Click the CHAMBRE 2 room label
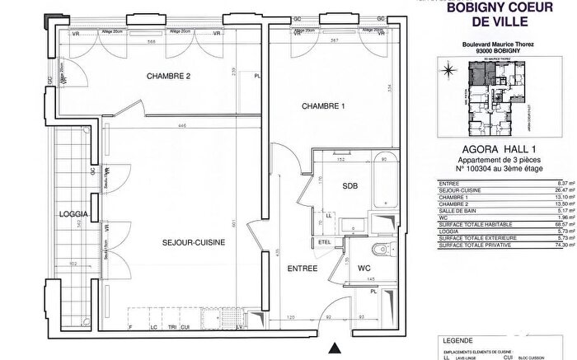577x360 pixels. pyautogui.click(x=169, y=77)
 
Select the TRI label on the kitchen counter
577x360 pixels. pyautogui.click(x=171, y=327)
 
